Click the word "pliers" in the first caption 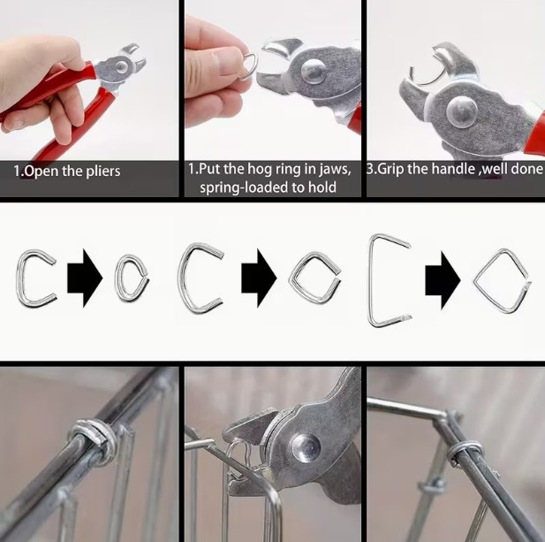[102, 172]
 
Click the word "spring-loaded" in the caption [243, 187]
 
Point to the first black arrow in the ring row [85, 279]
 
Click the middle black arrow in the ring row [259, 279]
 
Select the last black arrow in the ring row [443, 280]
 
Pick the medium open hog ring [181, 278]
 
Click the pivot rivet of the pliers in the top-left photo [121, 67]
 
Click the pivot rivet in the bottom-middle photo [306, 447]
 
